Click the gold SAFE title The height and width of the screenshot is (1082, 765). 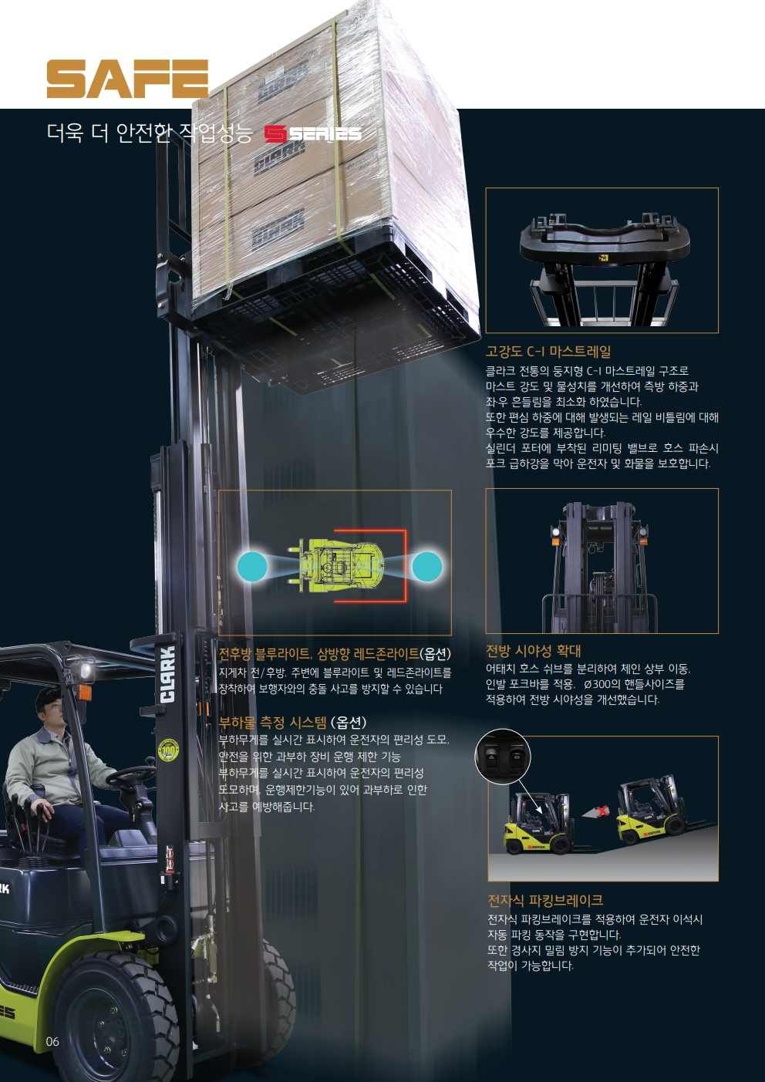click(127, 79)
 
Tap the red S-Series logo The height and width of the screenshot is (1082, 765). click(313, 134)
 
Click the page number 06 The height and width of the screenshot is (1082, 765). click(52, 1041)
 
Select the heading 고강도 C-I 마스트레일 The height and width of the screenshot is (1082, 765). click(548, 352)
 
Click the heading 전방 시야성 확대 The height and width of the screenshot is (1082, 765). click(533, 651)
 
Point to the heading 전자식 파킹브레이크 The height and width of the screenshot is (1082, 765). click(545, 900)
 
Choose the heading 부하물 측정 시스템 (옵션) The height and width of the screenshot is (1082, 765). click(293, 723)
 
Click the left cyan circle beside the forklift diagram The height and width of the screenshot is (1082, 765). click(252, 566)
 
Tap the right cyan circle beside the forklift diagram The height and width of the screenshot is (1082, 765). click(427, 566)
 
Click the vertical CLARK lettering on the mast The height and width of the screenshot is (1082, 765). click(167, 675)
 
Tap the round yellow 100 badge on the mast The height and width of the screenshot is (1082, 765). click(169, 750)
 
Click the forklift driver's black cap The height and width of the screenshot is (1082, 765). click(49, 696)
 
